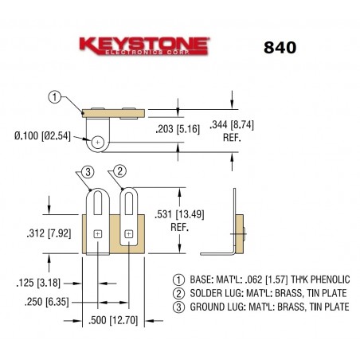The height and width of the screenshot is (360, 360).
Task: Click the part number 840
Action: point(279,46)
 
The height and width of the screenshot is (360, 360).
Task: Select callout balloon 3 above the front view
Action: point(88,171)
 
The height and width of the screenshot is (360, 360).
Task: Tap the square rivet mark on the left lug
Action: point(98,233)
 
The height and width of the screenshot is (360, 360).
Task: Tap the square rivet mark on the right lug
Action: point(126,233)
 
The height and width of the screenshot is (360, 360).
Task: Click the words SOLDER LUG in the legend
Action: point(211,293)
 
